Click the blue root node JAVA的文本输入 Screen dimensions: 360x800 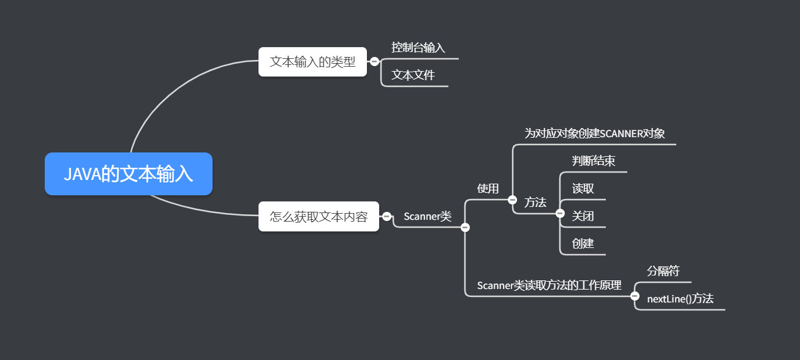pyautogui.click(x=129, y=174)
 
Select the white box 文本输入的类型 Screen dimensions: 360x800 pyautogui.click(x=312, y=62)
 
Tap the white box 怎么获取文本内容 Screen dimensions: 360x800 pyautogui.click(x=319, y=216)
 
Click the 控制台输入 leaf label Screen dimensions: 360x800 pyautogui.click(x=418, y=47)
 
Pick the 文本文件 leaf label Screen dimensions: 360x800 pyautogui.click(x=413, y=75)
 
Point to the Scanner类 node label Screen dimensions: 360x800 pyautogui.click(x=428, y=216)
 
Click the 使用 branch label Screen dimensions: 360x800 pyautogui.click(x=488, y=188)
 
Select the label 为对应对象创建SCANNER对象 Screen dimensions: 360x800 pyautogui.click(x=594, y=133)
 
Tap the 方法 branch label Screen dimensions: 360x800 pyautogui.click(x=535, y=202)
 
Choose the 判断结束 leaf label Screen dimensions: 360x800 pyautogui.click(x=594, y=161)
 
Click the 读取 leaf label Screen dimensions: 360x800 pyautogui.click(x=583, y=188)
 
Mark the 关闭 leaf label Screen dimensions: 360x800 pyautogui.click(x=583, y=216)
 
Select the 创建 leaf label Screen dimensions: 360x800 pyautogui.click(x=583, y=243)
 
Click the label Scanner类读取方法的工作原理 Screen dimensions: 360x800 pyautogui.click(x=549, y=285)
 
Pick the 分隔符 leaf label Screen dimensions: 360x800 pyautogui.click(x=663, y=271)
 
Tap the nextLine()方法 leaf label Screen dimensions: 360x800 pyautogui.click(x=680, y=299)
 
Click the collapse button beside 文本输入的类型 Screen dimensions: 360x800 pyautogui.click(x=374, y=61)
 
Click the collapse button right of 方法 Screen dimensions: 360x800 pyautogui.click(x=560, y=214)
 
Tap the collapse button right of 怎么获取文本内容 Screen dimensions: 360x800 pyautogui.click(x=387, y=216)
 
